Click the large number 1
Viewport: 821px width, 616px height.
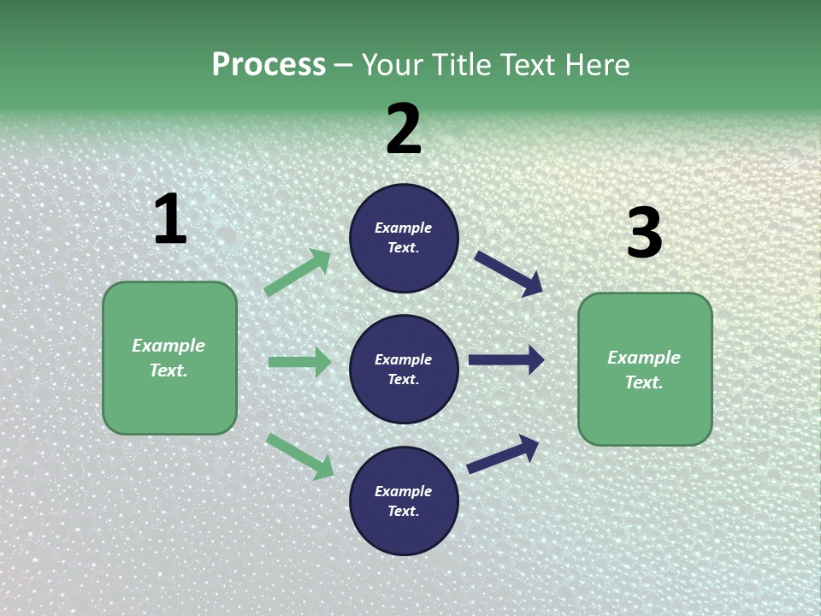click(x=170, y=220)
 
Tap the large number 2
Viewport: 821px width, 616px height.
click(x=404, y=129)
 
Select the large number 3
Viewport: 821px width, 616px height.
click(x=645, y=234)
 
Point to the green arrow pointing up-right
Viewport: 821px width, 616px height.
click(x=298, y=272)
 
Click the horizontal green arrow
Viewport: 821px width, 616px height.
click(x=299, y=362)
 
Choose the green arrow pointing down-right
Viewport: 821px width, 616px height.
click(x=300, y=456)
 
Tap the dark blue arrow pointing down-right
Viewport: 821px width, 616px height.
click(x=509, y=273)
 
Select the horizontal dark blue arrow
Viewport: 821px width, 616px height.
click(x=506, y=360)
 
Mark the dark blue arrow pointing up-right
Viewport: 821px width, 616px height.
click(x=504, y=453)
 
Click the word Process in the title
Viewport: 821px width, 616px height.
click(x=269, y=64)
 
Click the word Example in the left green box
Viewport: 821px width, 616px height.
click(x=168, y=346)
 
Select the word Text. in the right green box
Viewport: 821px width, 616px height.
click(x=644, y=382)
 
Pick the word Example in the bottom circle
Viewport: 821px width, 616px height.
click(x=404, y=491)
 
